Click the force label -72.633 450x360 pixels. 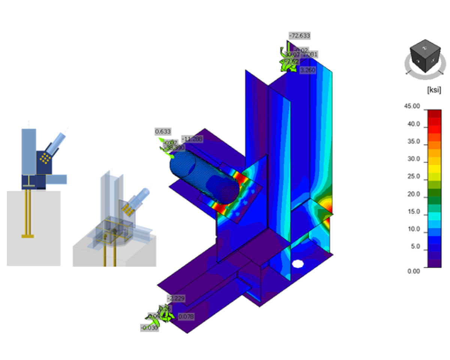pos(300,36)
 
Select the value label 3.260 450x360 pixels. pos(308,70)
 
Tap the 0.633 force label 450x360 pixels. pos(163,132)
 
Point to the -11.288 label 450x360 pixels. pos(192,139)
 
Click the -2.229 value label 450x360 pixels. pos(175,298)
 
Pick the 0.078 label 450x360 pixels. pos(186,317)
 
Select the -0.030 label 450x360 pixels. pos(149,328)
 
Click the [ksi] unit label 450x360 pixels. pos(434,90)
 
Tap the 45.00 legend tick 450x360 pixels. pos(412,106)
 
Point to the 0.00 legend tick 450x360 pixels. pos(414,271)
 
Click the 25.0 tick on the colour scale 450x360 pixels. pos(414,177)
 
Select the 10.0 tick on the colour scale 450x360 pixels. pos(414,229)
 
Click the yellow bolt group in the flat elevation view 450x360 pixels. pos(45,158)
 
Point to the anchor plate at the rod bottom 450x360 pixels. pos(28,236)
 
